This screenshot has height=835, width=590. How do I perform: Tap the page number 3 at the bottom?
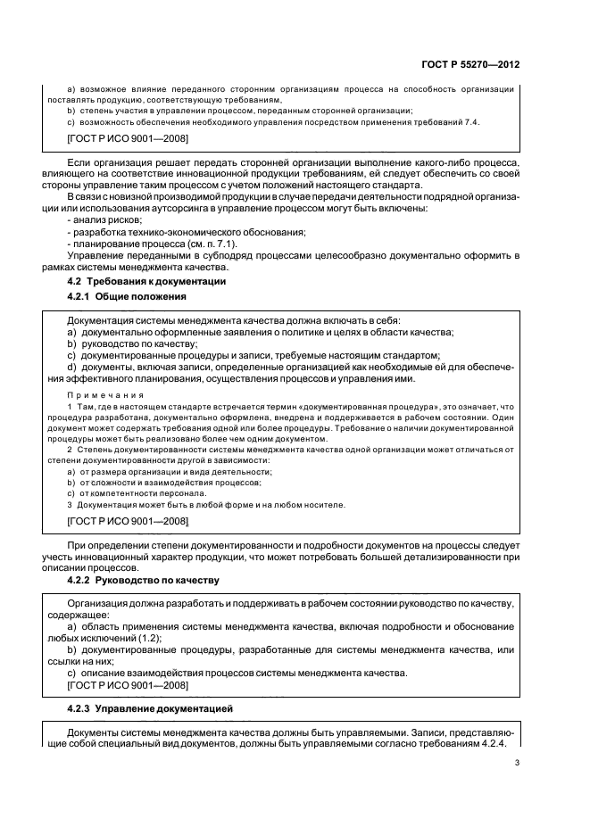(518, 762)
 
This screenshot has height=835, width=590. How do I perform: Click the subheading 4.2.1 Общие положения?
(127, 295)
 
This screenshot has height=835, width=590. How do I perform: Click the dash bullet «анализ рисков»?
(104, 219)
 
